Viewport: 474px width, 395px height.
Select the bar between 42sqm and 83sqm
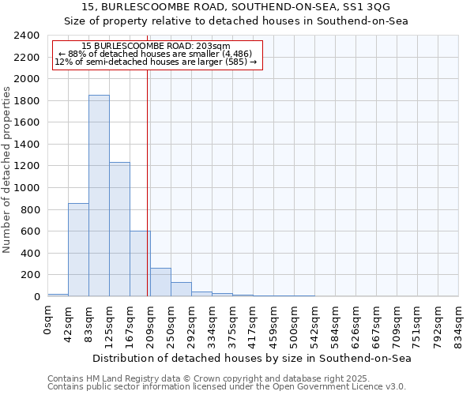(78, 250)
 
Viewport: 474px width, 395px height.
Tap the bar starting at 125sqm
(119, 229)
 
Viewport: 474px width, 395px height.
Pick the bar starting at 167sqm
(140, 264)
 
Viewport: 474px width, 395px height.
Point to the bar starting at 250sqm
(181, 289)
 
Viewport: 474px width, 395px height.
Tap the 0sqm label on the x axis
(47, 319)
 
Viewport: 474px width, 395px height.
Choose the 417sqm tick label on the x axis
(253, 324)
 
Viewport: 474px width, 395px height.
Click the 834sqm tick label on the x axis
(459, 324)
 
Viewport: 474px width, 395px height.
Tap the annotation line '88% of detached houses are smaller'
(156, 54)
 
